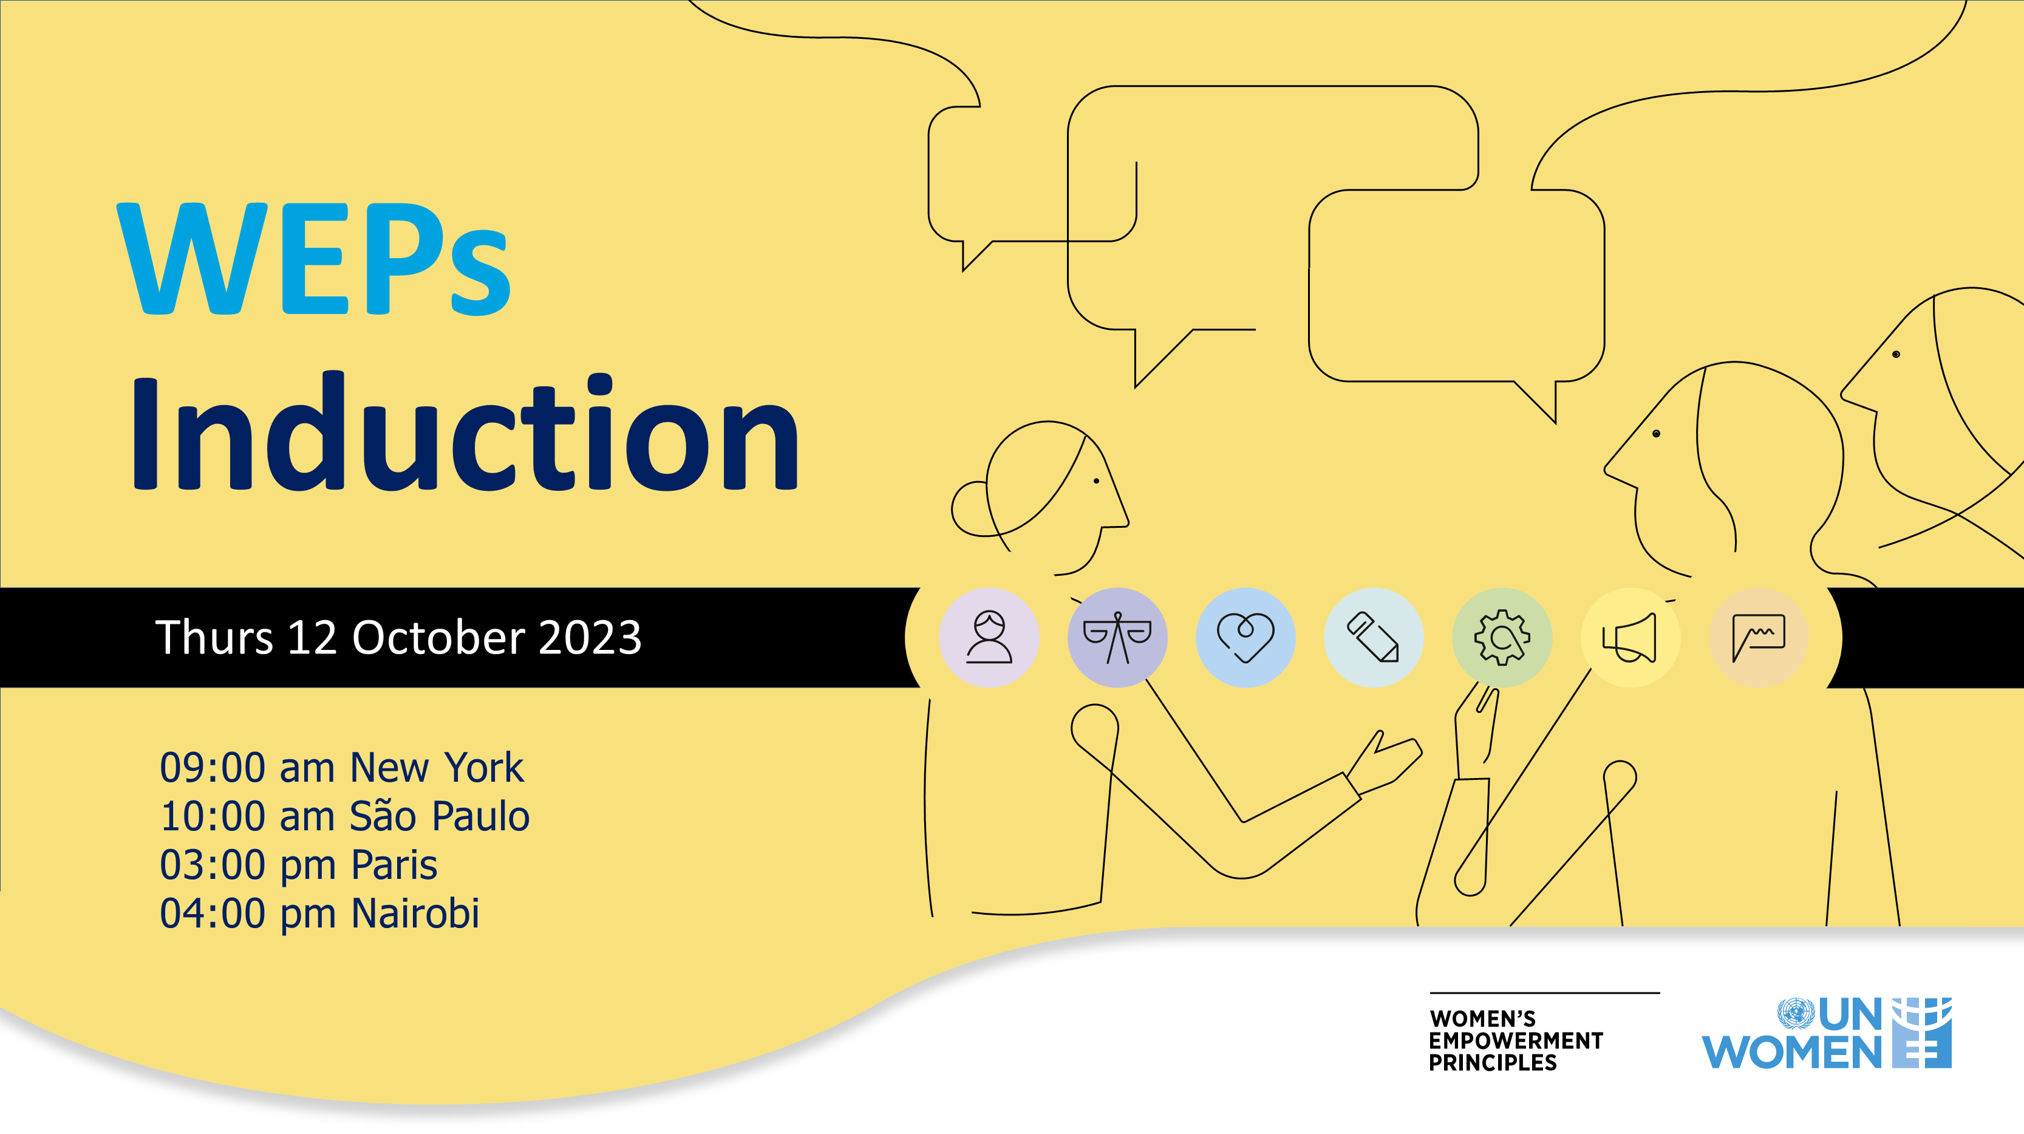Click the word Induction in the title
[465, 431]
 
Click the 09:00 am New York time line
[342, 768]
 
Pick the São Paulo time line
[345, 816]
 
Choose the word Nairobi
[415, 913]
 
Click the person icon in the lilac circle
[989, 637]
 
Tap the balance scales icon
[1117, 637]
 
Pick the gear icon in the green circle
[1502, 637]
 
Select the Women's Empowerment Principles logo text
[1516, 1040]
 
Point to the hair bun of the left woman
[971, 509]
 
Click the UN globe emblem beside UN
[1794, 1014]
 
